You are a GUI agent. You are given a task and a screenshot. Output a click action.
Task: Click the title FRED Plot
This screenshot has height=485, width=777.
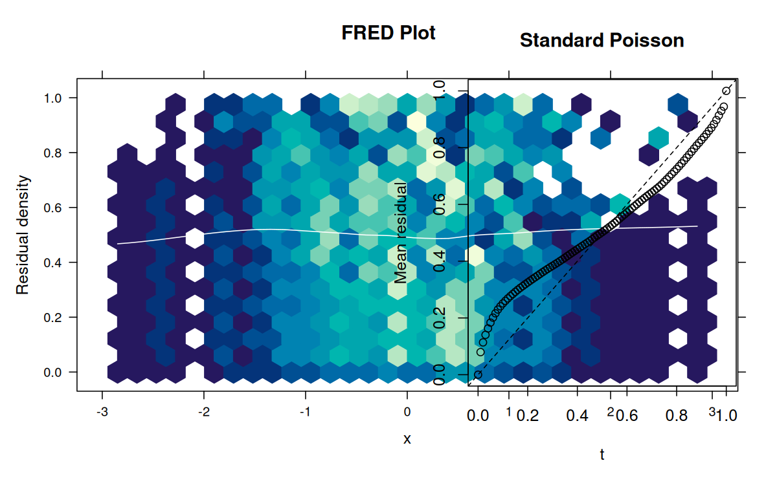point(388,33)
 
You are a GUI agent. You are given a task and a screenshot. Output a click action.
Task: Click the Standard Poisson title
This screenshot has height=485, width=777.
point(602,41)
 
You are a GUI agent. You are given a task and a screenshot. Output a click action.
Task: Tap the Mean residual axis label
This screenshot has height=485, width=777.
point(401,233)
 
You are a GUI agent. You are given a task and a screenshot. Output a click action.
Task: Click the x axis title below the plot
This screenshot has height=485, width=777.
point(407,439)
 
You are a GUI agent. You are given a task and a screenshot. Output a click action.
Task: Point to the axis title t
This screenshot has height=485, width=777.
point(602,455)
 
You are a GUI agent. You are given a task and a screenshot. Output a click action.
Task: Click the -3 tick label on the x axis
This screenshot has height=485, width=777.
point(102,413)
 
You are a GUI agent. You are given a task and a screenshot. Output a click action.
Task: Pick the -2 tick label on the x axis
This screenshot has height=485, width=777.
point(203,413)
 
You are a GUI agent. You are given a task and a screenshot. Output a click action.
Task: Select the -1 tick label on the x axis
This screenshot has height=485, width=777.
point(305,413)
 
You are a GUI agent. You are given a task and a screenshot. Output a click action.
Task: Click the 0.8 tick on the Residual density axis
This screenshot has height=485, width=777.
point(52,153)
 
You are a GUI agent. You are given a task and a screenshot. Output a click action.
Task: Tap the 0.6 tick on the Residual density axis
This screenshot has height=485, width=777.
point(52,208)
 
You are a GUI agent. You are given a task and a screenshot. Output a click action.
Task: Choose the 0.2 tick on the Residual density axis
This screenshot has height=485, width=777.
point(52,318)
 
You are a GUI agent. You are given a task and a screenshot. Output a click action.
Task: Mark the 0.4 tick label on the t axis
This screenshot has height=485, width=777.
point(577,415)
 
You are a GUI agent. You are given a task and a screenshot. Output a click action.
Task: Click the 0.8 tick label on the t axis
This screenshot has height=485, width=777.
point(677,415)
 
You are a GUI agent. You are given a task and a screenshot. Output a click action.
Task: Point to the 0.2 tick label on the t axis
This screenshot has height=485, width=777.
point(528,415)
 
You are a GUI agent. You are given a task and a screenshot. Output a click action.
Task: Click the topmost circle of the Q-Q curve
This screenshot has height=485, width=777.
point(726,91)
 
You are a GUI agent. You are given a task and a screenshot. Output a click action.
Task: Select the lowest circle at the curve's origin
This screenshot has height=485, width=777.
point(478,374)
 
